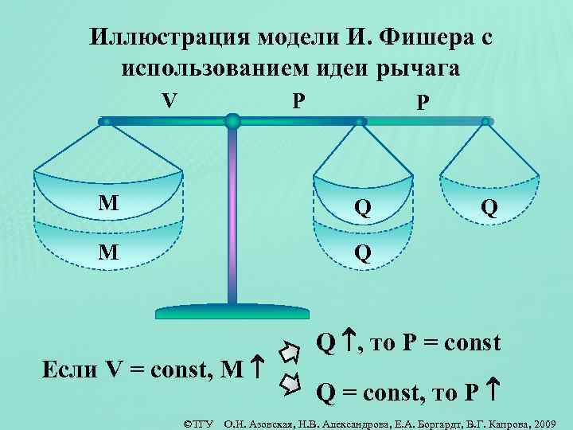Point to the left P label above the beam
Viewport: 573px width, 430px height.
(297, 101)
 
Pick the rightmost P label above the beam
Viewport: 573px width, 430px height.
(422, 104)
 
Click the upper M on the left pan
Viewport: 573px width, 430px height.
(109, 204)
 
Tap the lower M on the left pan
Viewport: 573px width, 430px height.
(109, 252)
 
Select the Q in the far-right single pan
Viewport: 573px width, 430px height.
(489, 208)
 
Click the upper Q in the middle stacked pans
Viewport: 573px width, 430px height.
(363, 208)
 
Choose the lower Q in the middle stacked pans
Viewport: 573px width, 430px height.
(363, 252)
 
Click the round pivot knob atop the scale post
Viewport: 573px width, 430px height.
(232, 122)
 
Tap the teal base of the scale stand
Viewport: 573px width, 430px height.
(232, 311)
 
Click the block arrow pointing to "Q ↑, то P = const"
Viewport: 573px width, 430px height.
(291, 351)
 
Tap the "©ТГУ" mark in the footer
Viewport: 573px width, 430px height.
(200, 420)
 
